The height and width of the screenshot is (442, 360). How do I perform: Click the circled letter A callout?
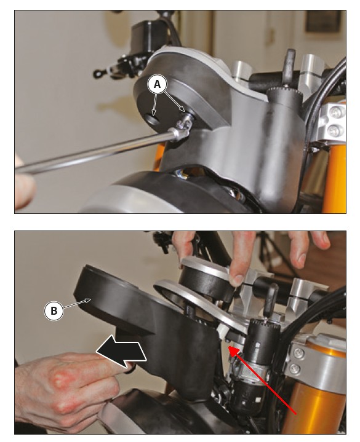coord(157,85)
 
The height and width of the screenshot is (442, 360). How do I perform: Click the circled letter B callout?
coord(54,310)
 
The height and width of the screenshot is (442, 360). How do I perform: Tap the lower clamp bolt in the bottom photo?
coord(295,368)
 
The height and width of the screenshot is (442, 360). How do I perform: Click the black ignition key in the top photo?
coord(289,67)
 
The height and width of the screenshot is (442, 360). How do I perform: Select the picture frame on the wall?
coord(323,22)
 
